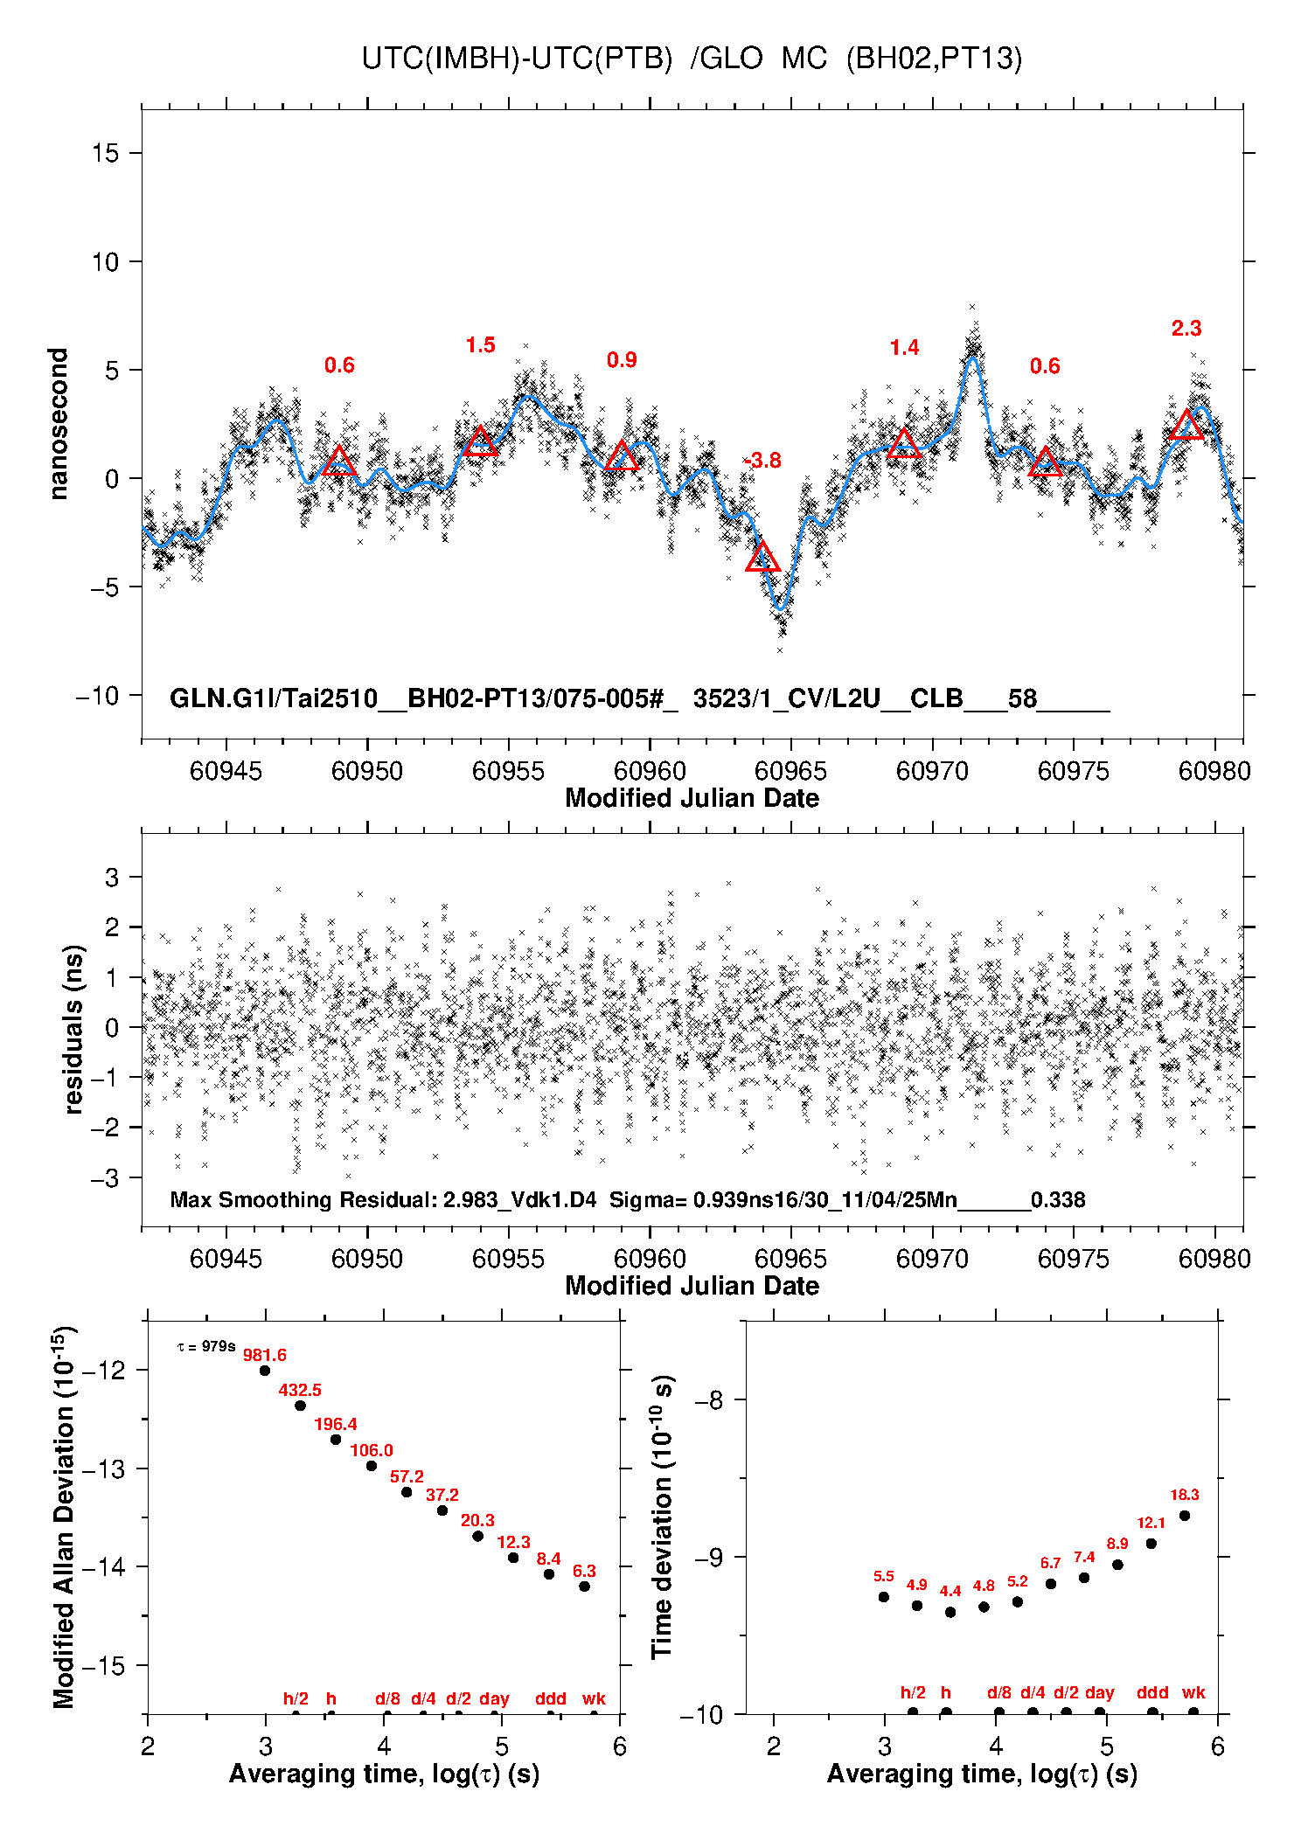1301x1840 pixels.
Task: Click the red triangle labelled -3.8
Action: click(x=762, y=558)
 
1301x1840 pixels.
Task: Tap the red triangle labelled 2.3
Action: click(x=1186, y=426)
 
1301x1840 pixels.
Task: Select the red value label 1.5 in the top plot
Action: click(x=480, y=345)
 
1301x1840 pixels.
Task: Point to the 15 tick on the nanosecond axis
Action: click(x=106, y=153)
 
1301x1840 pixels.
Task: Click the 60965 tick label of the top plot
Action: click(x=790, y=771)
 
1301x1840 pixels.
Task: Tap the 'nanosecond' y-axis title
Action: click(x=58, y=424)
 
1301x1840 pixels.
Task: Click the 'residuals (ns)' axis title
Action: click(x=73, y=1029)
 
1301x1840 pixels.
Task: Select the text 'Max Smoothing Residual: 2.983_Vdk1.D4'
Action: click(x=383, y=1199)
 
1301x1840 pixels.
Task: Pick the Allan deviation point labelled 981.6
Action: click(x=265, y=1371)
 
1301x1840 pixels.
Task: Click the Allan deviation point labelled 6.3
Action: click(x=585, y=1587)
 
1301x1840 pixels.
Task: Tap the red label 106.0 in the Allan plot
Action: click(x=372, y=1451)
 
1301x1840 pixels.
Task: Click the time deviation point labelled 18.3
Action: click(x=1185, y=1516)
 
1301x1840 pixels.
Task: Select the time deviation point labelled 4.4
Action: click(x=950, y=1612)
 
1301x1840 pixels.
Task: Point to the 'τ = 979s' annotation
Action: click(x=206, y=1347)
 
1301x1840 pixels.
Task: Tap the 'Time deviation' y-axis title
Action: click(x=663, y=1517)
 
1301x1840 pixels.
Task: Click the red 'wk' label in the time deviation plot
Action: click(x=1193, y=1692)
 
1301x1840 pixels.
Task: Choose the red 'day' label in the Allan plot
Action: click(x=494, y=1698)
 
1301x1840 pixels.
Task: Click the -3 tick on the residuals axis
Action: click(x=105, y=1177)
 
